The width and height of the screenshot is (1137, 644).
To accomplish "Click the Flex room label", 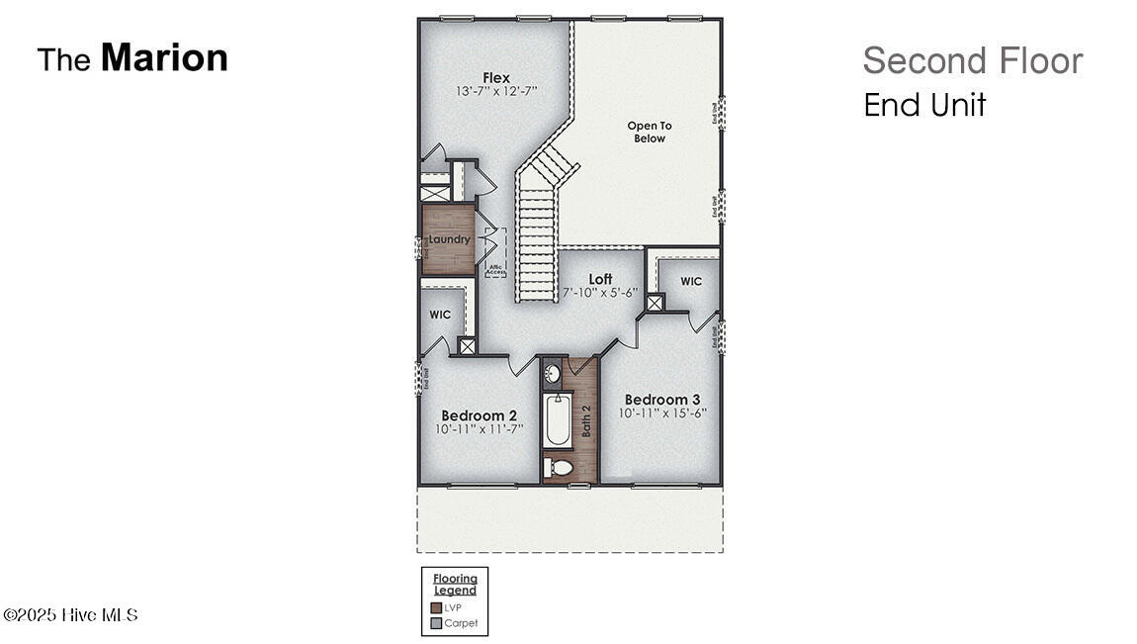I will [496, 77].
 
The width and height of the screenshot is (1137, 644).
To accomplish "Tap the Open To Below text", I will [650, 132].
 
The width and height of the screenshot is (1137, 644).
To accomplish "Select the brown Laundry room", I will [449, 239].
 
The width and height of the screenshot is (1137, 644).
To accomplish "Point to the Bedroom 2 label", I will [479, 414].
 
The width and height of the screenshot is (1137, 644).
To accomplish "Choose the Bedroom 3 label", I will [662, 400].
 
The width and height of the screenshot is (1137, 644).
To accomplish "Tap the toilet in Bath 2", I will [560, 468].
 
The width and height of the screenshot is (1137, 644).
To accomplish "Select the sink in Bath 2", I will [554, 374].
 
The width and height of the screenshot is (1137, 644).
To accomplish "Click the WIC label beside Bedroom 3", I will [691, 281].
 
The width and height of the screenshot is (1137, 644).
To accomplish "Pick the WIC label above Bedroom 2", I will [440, 315].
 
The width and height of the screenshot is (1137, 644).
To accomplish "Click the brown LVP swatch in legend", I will [436, 607].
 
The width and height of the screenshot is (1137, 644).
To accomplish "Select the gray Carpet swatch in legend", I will [436, 623].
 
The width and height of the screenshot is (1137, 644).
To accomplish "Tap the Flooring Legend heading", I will [455, 584].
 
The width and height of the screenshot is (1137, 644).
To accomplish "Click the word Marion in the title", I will [164, 57].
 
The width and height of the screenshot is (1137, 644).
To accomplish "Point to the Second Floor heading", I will [972, 60].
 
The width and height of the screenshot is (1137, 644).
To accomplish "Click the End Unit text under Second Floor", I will [924, 105].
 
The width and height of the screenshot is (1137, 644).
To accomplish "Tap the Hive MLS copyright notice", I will [70, 615].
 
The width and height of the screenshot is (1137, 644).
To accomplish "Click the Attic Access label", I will [494, 267].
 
